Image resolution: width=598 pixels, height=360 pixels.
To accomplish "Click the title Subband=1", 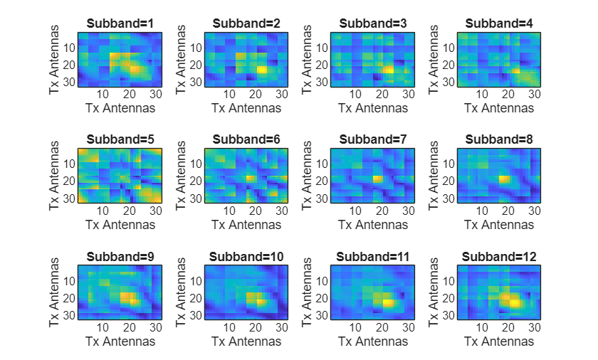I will (120, 23).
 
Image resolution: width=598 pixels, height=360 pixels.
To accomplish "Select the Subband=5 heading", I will (120, 140).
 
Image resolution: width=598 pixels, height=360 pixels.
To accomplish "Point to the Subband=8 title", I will (499, 140).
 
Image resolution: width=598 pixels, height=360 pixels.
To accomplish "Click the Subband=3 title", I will (373, 23).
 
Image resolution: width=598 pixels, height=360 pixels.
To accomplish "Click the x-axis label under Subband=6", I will (246, 225).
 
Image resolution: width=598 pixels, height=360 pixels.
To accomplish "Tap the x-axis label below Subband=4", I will (499, 108).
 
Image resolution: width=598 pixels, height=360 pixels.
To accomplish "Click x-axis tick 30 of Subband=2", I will (281, 94).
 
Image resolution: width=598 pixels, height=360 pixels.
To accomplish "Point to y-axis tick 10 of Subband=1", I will (70, 48).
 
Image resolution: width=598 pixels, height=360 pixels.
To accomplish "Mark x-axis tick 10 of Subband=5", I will (103, 211).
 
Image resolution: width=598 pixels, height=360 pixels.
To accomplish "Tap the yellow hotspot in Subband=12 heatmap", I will (513, 302).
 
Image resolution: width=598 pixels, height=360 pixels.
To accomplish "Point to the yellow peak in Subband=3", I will (388, 70).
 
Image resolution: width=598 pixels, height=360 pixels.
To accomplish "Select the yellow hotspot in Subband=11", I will (388, 303).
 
